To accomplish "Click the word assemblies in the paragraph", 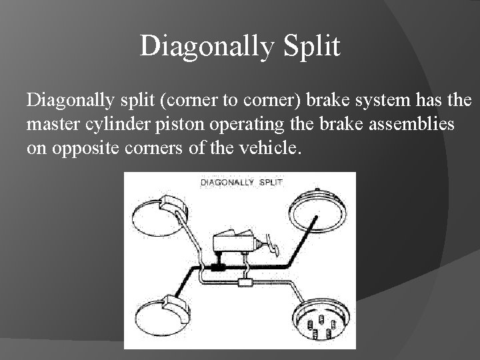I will point(417,124).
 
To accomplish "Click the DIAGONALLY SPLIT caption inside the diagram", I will point(241,182).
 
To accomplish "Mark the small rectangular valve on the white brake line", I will point(246,283).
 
